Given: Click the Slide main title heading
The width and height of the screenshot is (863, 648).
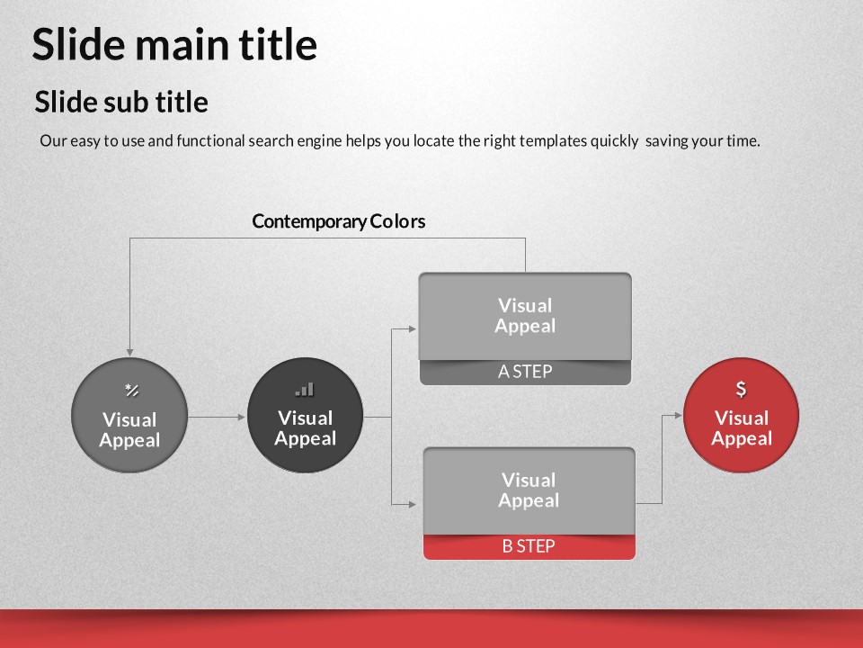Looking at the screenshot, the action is (174, 44).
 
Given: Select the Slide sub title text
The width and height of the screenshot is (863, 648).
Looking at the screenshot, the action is (121, 102).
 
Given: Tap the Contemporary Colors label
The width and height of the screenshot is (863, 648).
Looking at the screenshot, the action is (339, 221).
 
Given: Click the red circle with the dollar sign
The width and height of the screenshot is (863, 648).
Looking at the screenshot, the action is (741, 415).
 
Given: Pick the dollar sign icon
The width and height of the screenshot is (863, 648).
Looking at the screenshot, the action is (742, 389).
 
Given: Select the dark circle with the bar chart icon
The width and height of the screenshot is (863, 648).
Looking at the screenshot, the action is (305, 415).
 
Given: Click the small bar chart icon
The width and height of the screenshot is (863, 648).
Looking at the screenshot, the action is (305, 390).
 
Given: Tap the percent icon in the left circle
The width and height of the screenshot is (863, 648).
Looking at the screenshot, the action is (131, 390).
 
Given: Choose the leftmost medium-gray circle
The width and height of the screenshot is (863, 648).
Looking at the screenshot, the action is (129, 415).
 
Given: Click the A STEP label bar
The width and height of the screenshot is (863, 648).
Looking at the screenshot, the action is (525, 372).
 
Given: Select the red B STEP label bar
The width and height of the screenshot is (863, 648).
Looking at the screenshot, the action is (529, 546).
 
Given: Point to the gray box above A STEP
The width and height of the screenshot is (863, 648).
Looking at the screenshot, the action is (525, 316).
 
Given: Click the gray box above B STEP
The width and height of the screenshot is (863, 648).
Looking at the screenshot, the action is (529, 491).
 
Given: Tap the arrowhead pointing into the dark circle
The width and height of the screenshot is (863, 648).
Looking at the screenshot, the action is (242, 417).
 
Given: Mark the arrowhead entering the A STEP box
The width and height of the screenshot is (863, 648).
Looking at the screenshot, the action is (413, 329).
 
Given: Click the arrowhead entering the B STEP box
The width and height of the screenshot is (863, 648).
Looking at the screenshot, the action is (413, 504).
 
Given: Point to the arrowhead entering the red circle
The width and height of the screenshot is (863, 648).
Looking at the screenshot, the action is (679, 416).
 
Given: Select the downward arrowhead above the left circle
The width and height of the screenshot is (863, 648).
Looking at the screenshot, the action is (129, 352).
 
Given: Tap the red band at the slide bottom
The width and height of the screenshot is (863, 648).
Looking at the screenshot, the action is (431, 629).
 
